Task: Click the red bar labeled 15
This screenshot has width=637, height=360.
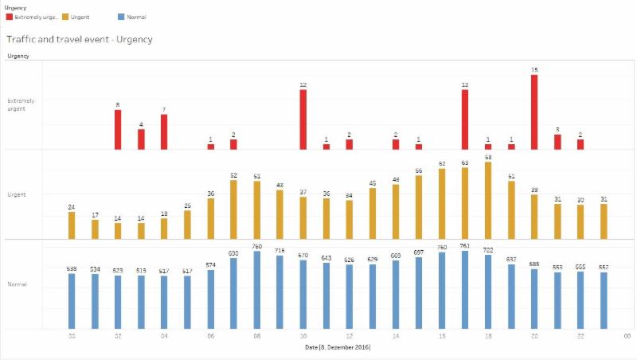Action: pos(534,112)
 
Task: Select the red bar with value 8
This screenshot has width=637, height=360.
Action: pos(118,130)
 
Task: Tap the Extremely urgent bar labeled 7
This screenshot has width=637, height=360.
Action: pos(164,132)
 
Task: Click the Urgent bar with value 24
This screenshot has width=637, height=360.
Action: pos(72,225)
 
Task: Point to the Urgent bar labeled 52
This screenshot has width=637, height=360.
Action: pos(233,209)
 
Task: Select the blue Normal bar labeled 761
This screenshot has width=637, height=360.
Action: pos(465,289)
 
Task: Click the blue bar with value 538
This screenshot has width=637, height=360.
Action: pos(72,301)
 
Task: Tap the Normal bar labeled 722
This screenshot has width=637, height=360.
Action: pos(488,292)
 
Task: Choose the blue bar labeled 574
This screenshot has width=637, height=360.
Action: pos(210,299)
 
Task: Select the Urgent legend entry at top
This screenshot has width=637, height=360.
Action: pos(78,17)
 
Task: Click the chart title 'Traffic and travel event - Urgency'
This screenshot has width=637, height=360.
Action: pos(79,38)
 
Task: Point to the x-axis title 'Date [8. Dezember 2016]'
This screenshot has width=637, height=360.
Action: pos(338,347)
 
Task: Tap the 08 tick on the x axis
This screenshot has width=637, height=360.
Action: pos(256,336)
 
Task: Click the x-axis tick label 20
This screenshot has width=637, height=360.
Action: pos(534,336)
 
